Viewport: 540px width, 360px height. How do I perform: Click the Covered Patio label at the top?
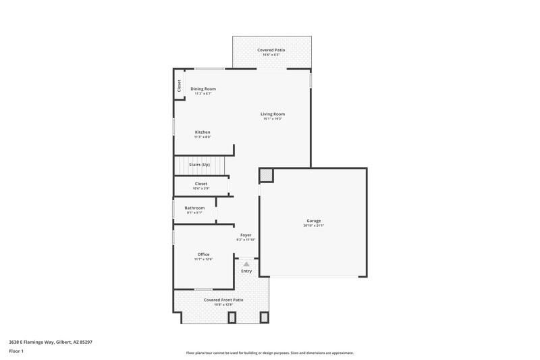tap(272, 50)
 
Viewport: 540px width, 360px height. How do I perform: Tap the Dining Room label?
tap(203, 88)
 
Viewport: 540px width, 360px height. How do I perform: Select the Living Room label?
tap(273, 114)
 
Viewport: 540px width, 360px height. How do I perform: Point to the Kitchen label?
tap(202, 132)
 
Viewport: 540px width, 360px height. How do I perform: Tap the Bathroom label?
tap(194, 207)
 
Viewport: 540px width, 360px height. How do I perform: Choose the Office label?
tap(203, 254)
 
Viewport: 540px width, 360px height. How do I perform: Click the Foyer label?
tap(246, 235)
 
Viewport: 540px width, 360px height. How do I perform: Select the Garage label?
tap(314, 221)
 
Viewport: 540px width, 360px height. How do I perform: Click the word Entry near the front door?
tap(246, 271)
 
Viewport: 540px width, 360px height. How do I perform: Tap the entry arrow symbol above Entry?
tap(246, 264)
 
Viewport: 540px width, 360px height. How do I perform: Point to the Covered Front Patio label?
tap(223, 299)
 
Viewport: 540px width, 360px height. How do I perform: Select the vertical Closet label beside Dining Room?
tap(180, 86)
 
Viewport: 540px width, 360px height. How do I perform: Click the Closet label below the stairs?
tap(201, 183)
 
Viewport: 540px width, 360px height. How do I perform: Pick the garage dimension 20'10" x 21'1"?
tap(314, 226)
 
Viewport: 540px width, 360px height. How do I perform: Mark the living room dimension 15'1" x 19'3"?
tap(273, 119)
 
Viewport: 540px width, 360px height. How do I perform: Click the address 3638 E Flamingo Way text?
tap(51, 342)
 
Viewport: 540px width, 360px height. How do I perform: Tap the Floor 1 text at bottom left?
tap(17, 351)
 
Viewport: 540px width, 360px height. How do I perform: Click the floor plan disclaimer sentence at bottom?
tap(270, 353)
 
